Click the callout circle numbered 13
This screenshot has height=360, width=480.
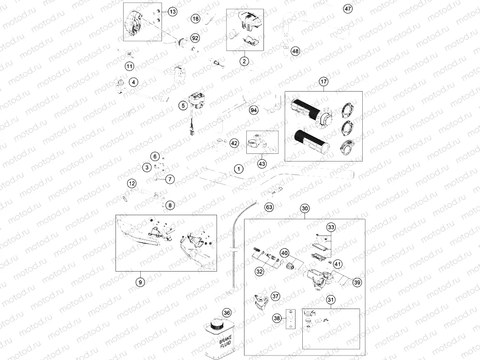(x=173, y=12)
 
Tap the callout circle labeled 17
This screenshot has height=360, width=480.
(x=323, y=82)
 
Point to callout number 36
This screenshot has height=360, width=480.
(x=227, y=313)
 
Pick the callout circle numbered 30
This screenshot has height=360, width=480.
(x=305, y=208)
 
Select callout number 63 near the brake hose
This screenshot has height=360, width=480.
(x=269, y=208)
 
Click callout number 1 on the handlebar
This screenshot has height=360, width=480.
(x=239, y=169)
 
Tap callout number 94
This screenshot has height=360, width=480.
(x=254, y=110)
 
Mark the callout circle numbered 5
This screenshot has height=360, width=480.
(x=183, y=106)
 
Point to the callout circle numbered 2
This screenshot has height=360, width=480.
(x=244, y=61)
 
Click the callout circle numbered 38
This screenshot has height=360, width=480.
(x=277, y=318)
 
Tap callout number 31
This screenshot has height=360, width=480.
(x=331, y=300)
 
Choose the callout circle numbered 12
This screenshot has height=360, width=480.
(x=131, y=184)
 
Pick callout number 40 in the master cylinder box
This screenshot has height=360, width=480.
(x=285, y=253)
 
